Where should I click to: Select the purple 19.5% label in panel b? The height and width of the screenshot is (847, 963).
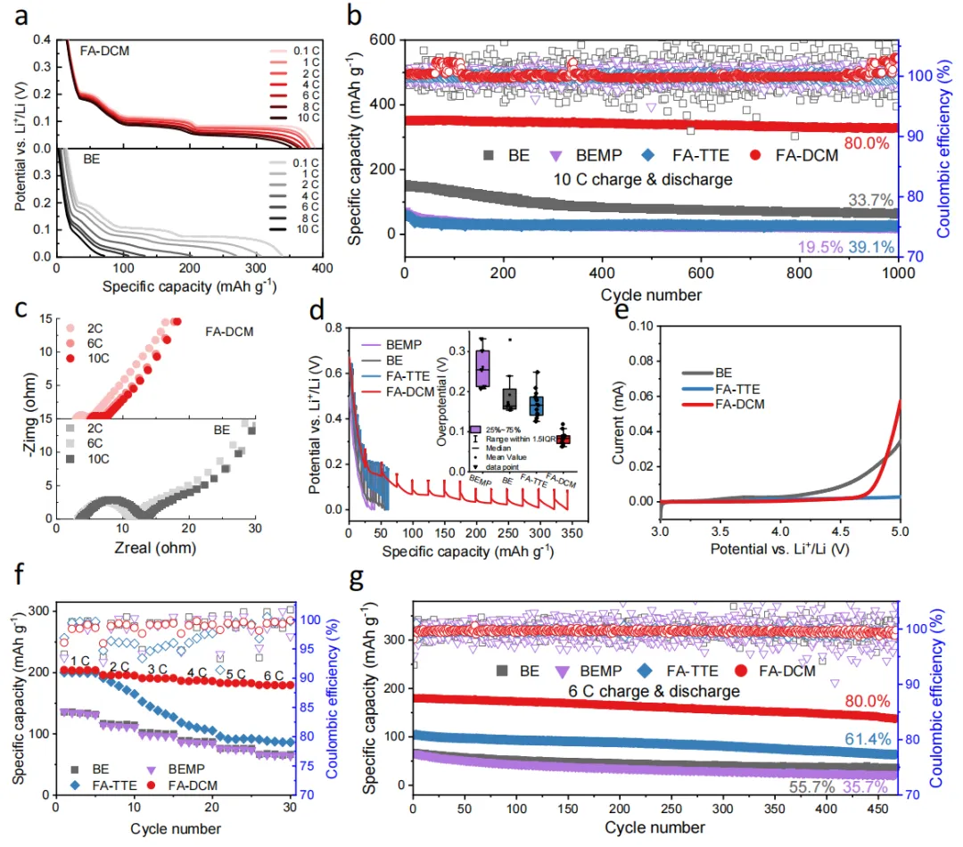click(808, 247)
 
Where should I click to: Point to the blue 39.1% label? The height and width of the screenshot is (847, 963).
click(867, 247)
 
